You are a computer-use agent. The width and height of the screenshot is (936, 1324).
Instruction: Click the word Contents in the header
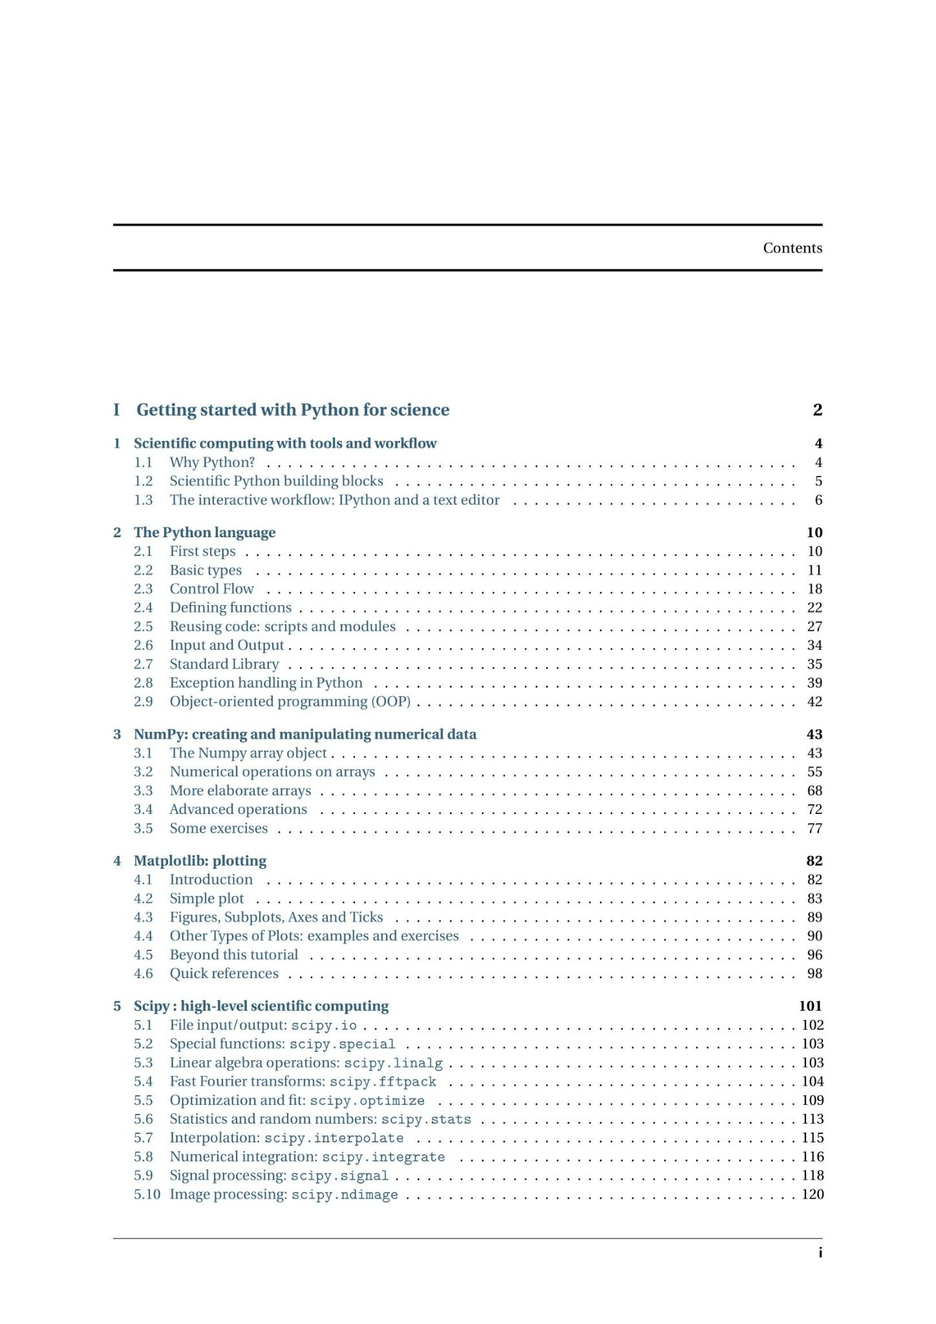point(792,248)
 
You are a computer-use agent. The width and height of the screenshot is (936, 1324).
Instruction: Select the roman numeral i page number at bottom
point(820,1253)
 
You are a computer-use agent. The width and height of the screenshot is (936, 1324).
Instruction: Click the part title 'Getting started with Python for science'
point(292,410)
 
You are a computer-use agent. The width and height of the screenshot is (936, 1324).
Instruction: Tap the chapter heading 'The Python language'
point(204,533)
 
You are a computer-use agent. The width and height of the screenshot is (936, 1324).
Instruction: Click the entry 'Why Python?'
point(212,462)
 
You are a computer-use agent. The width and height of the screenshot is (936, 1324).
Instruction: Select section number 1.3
point(143,500)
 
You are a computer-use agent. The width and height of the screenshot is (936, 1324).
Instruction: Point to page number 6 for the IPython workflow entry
point(818,500)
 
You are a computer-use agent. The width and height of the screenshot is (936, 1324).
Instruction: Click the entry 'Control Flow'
point(211,589)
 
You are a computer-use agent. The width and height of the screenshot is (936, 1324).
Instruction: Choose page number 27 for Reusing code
point(814,626)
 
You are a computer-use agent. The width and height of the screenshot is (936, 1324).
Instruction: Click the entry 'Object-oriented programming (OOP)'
point(290,701)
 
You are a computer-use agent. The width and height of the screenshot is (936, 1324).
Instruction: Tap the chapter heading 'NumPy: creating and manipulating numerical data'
point(305,734)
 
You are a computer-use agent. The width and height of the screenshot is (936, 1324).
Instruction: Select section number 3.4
point(143,809)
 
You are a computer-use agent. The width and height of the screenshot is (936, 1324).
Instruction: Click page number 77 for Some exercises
point(814,828)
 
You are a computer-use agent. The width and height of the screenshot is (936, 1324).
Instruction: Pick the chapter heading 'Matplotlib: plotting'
point(200,861)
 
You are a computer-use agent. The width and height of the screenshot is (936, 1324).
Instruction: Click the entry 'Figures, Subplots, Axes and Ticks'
point(276,917)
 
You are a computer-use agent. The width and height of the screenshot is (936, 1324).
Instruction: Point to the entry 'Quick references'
point(224,974)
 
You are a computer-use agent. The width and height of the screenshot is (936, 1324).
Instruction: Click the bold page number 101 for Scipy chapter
point(810,1006)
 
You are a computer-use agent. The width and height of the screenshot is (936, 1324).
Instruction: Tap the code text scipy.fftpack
point(383,1082)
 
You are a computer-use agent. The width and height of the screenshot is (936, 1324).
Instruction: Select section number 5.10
point(147,1194)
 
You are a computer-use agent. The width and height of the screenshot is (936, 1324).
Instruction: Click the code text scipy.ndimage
point(345,1195)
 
